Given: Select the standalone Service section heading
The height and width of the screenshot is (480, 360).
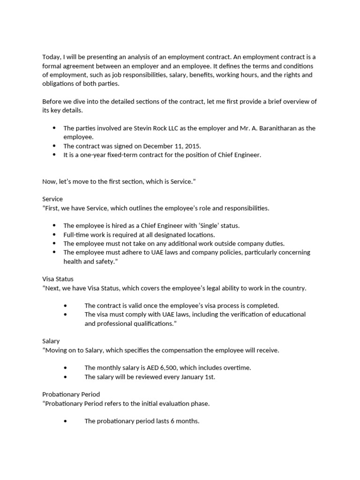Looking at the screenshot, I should pos(52,199).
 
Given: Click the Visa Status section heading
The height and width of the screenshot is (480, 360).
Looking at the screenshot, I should pos(58,279).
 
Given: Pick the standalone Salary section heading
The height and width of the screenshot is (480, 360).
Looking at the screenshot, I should pos(51,341).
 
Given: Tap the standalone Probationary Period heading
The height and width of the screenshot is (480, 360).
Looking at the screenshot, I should pos(71,394).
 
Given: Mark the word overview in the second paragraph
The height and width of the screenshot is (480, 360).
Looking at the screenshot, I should pos(292,102).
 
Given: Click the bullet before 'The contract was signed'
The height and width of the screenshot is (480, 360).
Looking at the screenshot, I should pos(54,146).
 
